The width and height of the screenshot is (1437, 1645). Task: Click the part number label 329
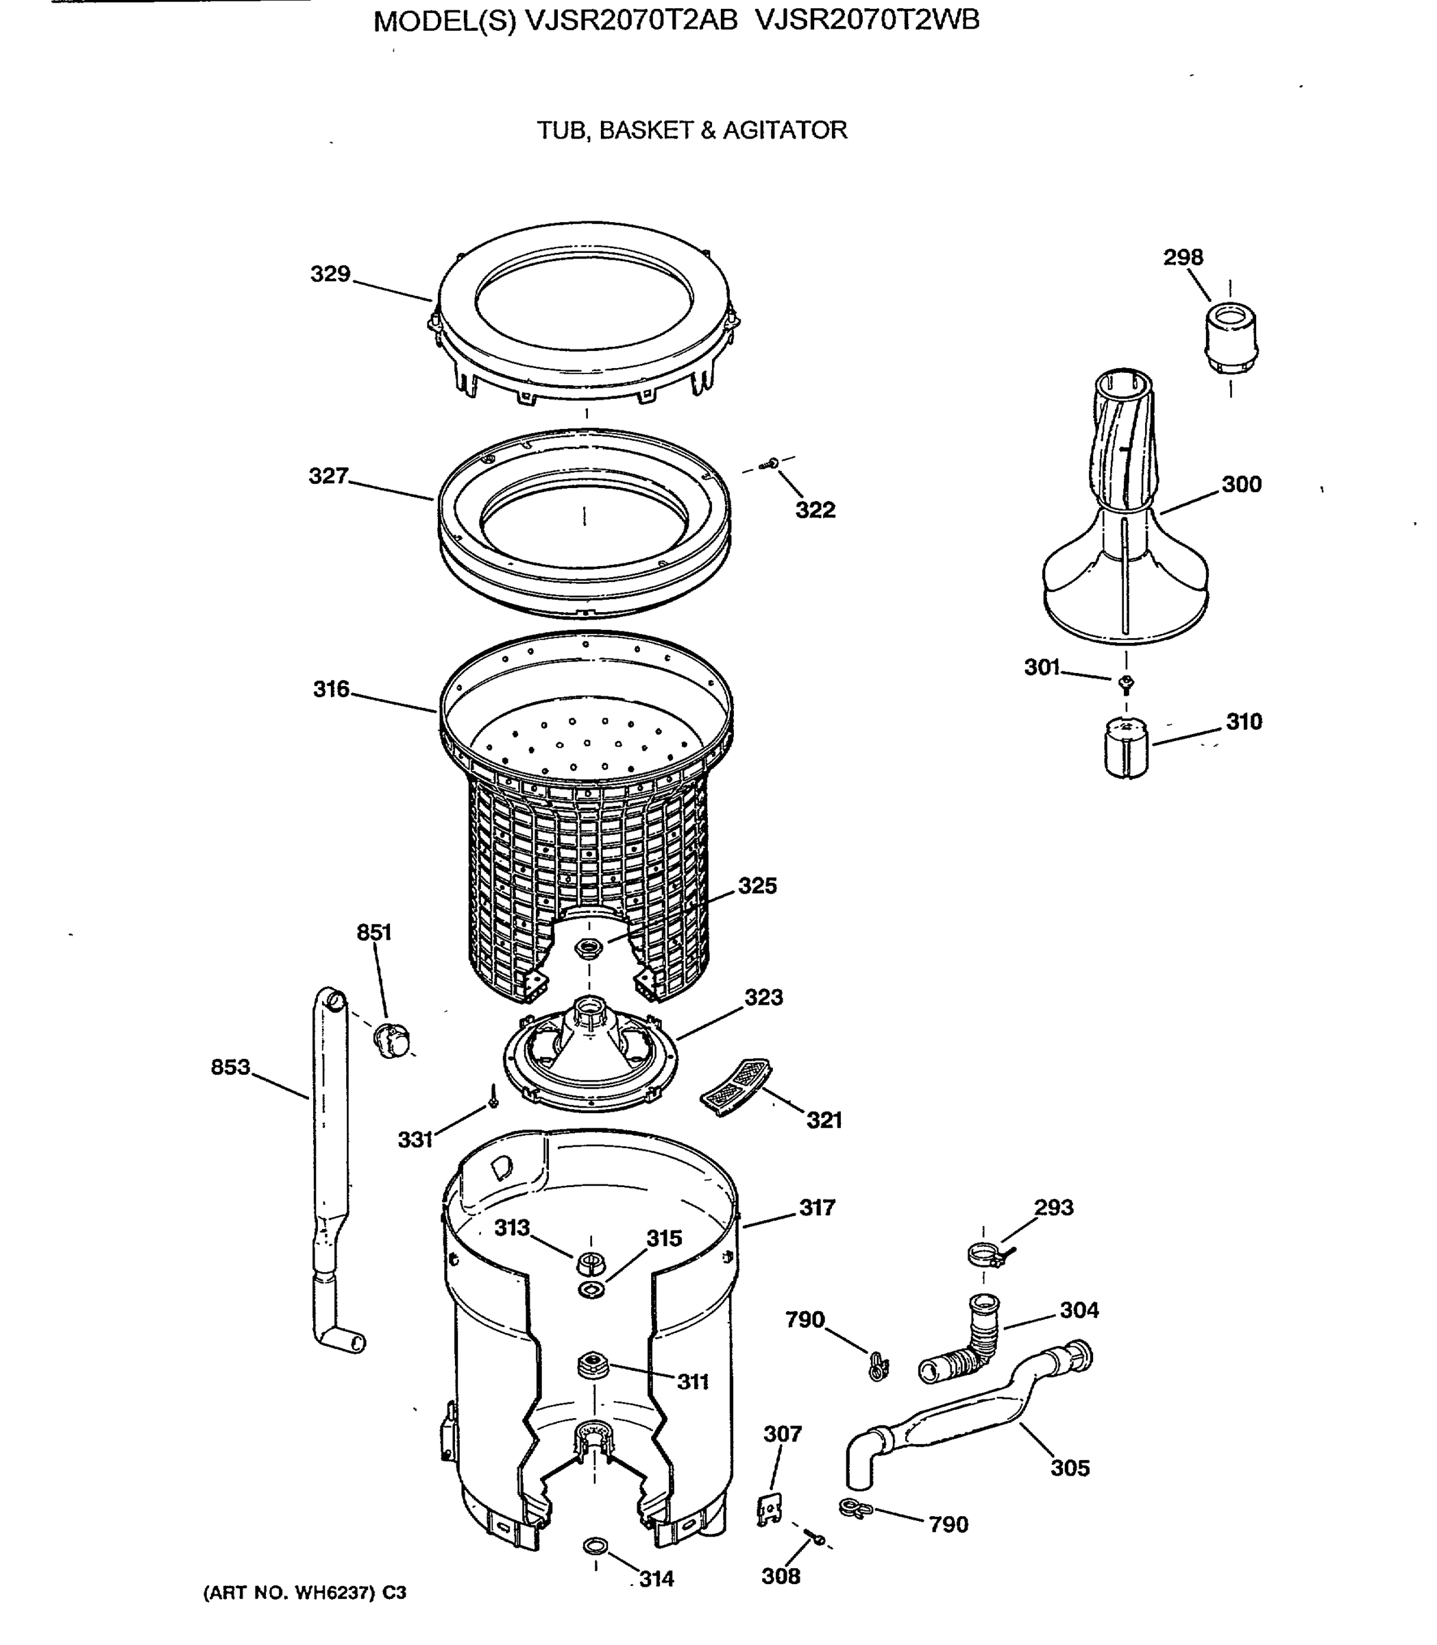point(330,274)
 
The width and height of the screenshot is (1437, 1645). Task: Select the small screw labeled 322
point(772,463)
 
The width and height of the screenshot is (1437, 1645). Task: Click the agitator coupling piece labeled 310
point(1126,748)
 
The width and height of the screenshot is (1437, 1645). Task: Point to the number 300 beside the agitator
point(1241,485)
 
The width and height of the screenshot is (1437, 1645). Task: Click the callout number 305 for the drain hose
point(1070,1467)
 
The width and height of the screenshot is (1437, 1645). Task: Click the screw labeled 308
point(817,1538)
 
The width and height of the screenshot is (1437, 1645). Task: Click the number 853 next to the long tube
point(230,1067)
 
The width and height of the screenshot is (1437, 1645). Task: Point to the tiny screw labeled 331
point(493,1095)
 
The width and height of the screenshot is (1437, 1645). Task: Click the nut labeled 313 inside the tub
point(590,1263)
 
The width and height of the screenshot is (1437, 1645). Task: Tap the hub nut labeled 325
point(589,947)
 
